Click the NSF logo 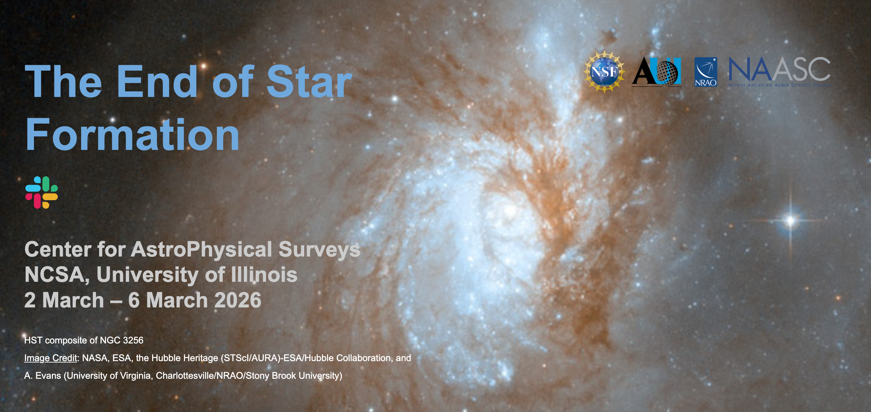pos(604,72)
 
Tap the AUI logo pos(657,72)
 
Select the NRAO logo pos(706,72)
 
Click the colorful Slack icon pos(42,192)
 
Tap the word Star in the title pos(309,81)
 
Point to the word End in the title pos(157,81)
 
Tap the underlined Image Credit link pos(51,358)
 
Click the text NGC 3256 pos(122,340)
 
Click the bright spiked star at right pos(790,220)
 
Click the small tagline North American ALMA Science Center pos(780,85)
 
